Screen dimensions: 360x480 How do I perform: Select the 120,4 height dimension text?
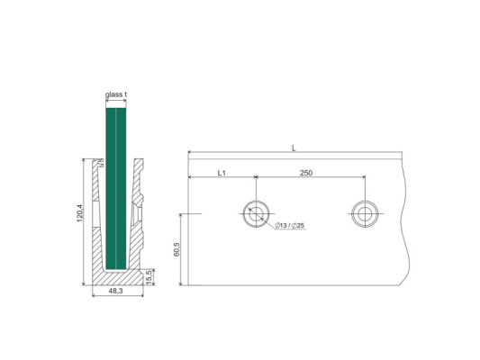click(80, 216)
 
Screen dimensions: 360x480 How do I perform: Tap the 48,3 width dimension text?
click(117, 292)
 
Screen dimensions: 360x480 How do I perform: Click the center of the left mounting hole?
click(256, 214)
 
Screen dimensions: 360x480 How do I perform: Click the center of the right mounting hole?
click(366, 214)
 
